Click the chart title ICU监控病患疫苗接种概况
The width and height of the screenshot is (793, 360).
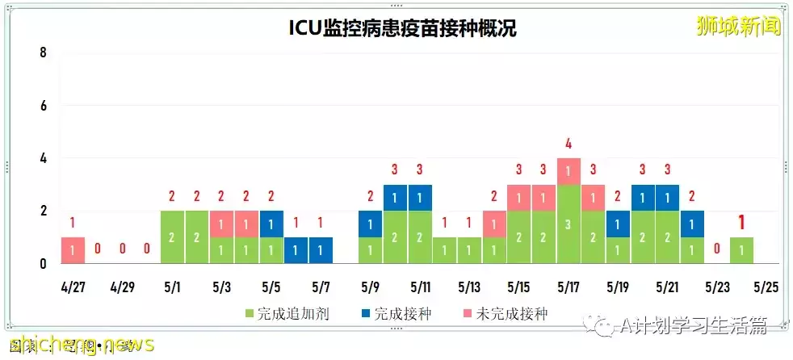tap(403, 29)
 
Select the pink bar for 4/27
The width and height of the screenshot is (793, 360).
tap(73, 250)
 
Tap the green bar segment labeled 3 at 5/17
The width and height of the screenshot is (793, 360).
tap(569, 224)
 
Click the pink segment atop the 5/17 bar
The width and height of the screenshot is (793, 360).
tap(569, 171)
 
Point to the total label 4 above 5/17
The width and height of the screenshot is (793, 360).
tap(569, 144)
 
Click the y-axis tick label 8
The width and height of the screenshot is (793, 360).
tap(44, 53)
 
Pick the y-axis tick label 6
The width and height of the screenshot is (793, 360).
tap(44, 106)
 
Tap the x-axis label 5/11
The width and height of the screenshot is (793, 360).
tap(420, 287)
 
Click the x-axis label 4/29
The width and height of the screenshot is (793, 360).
tap(123, 287)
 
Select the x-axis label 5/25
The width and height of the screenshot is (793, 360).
tap(766, 287)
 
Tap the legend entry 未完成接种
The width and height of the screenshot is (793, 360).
tap(505, 314)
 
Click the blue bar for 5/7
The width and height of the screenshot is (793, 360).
tap(321, 250)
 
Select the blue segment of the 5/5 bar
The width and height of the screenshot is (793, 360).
tap(271, 224)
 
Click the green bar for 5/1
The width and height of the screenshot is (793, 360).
tap(173, 237)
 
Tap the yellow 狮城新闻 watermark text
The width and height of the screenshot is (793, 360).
tap(739, 27)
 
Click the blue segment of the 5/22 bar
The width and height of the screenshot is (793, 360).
tap(692, 224)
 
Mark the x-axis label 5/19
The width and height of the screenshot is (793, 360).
tap(618, 287)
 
